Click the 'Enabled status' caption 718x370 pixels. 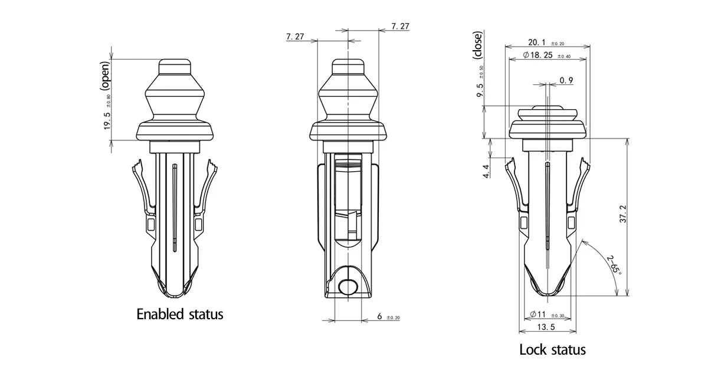(x=180, y=314)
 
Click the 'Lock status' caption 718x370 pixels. (x=552, y=349)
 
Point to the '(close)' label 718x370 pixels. (x=477, y=44)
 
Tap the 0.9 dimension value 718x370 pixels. (x=566, y=80)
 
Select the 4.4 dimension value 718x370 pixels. (x=486, y=171)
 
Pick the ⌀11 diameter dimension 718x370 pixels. (x=540, y=314)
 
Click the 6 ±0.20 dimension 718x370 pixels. (x=381, y=317)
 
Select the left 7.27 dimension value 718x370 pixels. (x=295, y=37)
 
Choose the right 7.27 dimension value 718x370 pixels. (x=400, y=26)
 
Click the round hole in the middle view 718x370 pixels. (x=347, y=287)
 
